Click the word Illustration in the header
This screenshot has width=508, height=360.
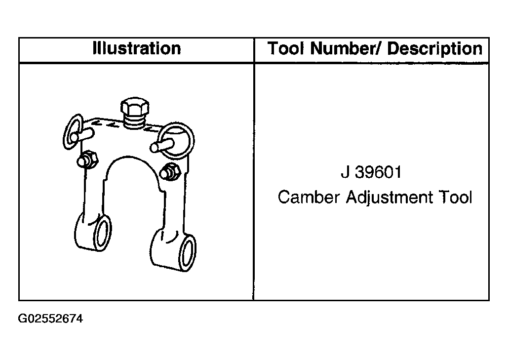click(137, 48)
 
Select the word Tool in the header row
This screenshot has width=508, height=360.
click(286, 48)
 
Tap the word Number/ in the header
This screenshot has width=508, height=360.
click(347, 48)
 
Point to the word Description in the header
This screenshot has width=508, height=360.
click(435, 49)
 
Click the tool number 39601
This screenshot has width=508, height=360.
click(378, 172)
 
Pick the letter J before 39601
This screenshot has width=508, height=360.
click(346, 172)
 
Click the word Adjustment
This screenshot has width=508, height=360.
click(390, 198)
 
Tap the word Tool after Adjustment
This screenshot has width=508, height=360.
click(455, 197)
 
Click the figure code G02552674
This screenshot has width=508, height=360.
click(50, 319)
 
